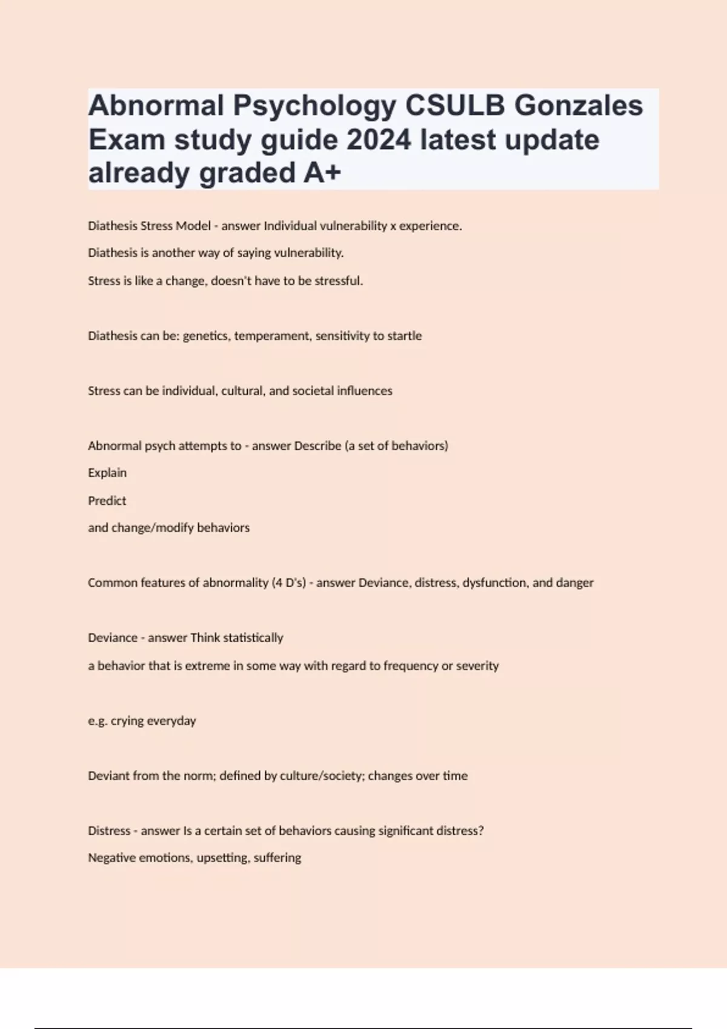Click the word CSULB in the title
pyautogui.click(x=454, y=105)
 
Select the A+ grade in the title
pyautogui.click(x=322, y=173)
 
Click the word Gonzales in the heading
pyautogui.click(x=579, y=105)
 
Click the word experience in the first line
pyautogui.click(x=430, y=226)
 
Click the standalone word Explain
pyautogui.click(x=107, y=473)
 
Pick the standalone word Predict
pyautogui.click(x=107, y=501)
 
